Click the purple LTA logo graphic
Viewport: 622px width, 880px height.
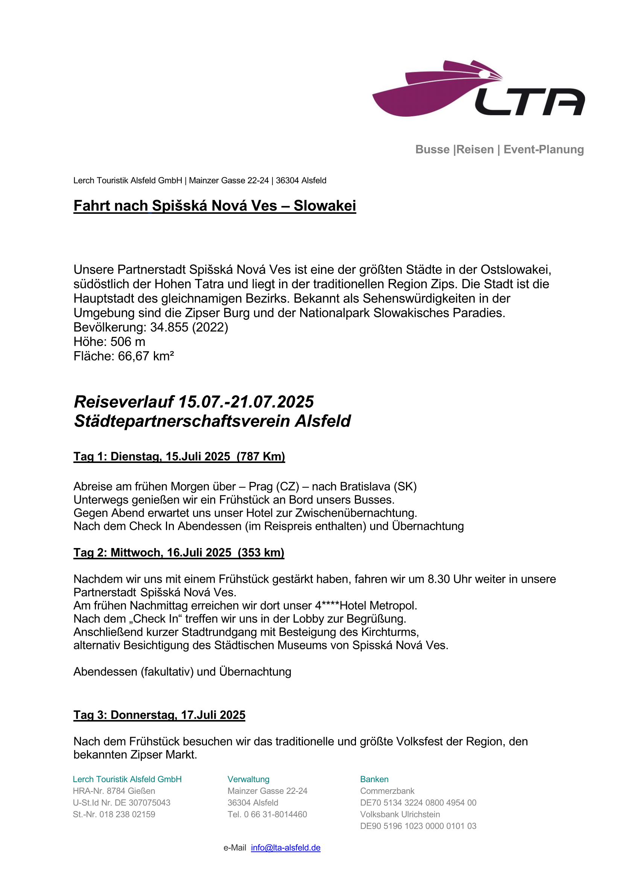pyautogui.click(x=478, y=89)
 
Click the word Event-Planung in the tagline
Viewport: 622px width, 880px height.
pyautogui.click(x=543, y=149)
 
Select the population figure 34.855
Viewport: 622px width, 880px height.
pyautogui.click(x=169, y=327)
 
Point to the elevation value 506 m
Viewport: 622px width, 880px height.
pyautogui.click(x=128, y=342)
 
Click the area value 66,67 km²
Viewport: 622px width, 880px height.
pyautogui.click(x=146, y=356)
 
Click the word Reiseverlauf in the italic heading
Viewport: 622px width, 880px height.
pyautogui.click(x=124, y=402)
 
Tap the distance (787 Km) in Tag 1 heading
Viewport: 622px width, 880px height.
pyautogui.click(x=261, y=457)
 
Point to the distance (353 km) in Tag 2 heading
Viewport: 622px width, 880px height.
pyautogui.click(x=261, y=553)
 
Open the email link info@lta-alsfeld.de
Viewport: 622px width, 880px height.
pyautogui.click(x=286, y=848)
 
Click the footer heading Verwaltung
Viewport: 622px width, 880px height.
pyautogui.click(x=248, y=779)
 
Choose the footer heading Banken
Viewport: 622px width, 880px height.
pyautogui.click(x=374, y=779)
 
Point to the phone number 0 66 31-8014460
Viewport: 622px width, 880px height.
pyautogui.click(x=275, y=815)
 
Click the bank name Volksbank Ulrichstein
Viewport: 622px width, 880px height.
pyautogui.click(x=400, y=815)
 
